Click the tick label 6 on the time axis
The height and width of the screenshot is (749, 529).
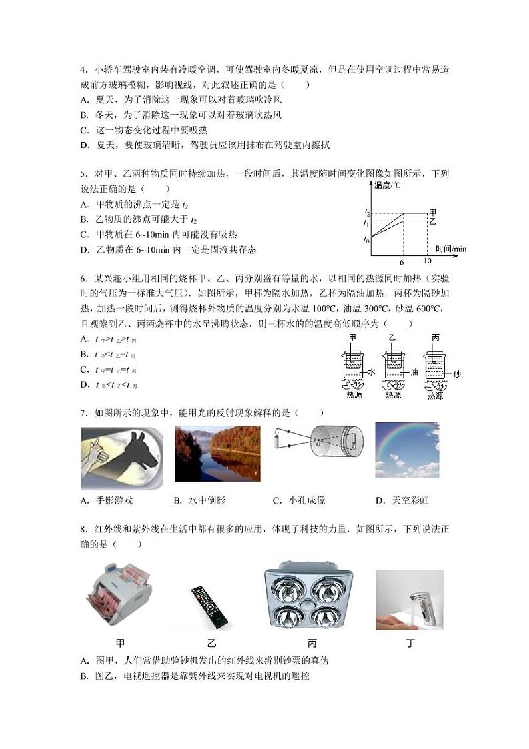[x=402, y=262]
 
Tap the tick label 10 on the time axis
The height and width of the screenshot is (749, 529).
[x=428, y=261]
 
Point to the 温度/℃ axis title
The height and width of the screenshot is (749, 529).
[x=388, y=185]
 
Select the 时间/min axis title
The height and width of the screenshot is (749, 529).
[x=451, y=249]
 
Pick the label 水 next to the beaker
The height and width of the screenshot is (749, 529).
[x=371, y=373]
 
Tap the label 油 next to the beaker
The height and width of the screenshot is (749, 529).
[x=414, y=372]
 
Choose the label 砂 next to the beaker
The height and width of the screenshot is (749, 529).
[x=457, y=373]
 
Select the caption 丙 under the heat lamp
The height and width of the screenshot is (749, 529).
[x=312, y=644]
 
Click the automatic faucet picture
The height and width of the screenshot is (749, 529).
[x=409, y=600]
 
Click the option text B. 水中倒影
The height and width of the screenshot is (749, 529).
[x=201, y=500]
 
